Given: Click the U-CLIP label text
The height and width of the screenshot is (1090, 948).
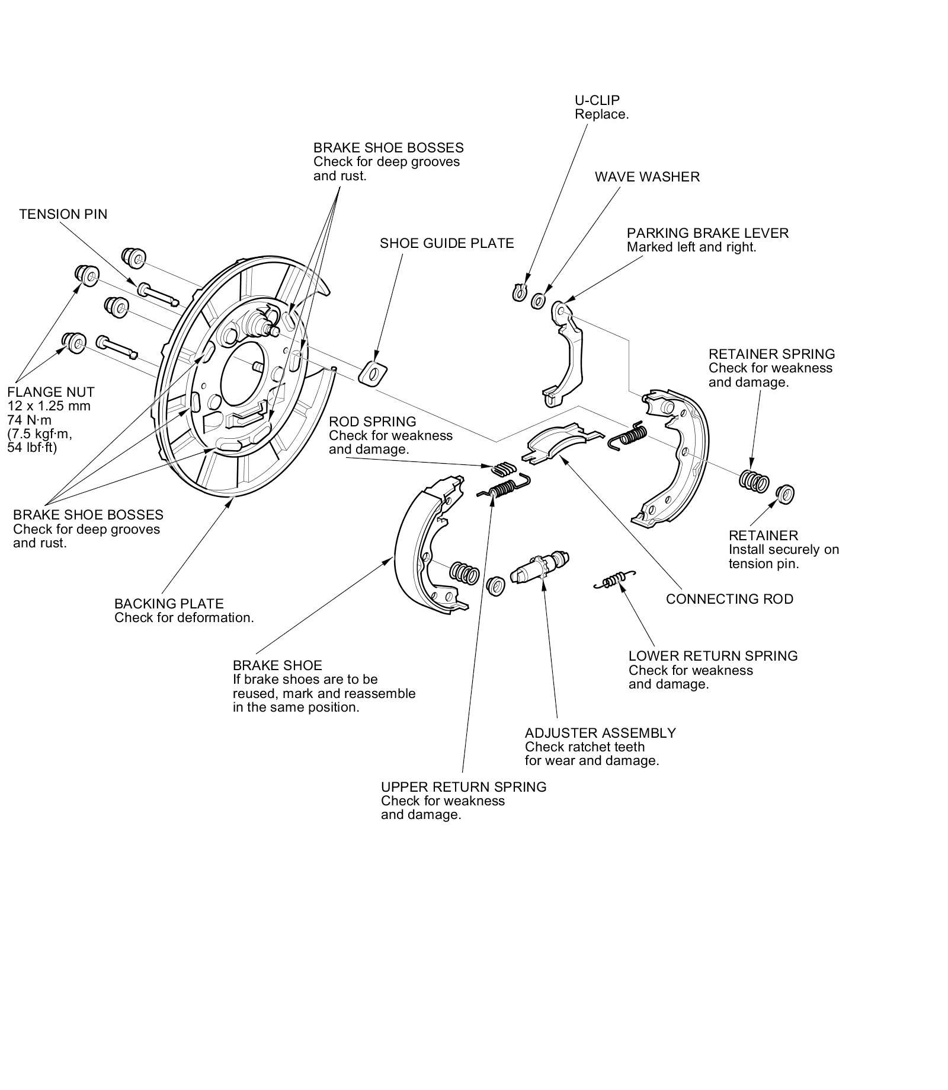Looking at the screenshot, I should (597, 100).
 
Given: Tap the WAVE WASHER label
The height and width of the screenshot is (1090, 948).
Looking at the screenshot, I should (647, 177).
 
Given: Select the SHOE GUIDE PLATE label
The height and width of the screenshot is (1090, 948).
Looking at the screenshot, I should (447, 243).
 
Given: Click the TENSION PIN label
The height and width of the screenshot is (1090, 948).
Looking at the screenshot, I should (63, 214).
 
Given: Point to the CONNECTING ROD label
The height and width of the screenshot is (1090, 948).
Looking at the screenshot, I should (729, 599).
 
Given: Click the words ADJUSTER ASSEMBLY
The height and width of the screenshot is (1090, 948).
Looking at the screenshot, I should (600, 733).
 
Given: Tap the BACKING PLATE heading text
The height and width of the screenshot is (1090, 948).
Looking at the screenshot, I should (169, 604).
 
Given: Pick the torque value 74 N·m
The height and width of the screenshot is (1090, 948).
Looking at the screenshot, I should (30, 420).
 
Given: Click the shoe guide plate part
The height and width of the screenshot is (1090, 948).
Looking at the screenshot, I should (373, 373).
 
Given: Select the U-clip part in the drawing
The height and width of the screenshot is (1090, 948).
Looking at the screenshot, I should (519, 292).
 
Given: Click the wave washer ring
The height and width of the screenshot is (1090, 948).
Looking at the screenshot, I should (539, 301).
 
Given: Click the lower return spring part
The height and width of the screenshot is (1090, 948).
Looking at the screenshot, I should (614, 582).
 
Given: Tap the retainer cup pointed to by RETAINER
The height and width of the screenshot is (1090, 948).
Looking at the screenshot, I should (784, 493).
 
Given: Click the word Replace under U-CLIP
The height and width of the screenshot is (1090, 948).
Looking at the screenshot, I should (601, 114).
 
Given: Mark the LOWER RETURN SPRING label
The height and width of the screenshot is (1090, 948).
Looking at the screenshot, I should (713, 656).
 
